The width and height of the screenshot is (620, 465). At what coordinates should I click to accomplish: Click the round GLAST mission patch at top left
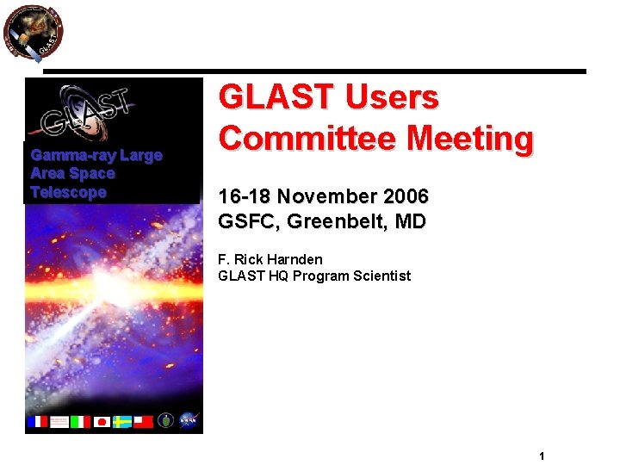[34, 34]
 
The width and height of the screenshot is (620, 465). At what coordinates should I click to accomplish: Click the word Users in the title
[392, 98]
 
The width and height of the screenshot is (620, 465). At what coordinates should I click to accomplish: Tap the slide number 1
[542, 456]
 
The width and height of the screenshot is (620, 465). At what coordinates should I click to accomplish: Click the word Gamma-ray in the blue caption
[72, 156]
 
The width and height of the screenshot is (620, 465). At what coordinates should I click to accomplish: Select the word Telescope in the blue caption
[68, 192]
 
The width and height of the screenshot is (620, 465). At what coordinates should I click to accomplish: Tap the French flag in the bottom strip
[37, 421]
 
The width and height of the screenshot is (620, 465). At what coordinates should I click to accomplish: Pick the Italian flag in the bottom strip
[80, 421]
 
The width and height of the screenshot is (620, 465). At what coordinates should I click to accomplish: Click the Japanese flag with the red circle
[102, 421]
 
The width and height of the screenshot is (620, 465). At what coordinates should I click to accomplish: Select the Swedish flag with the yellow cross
[122, 421]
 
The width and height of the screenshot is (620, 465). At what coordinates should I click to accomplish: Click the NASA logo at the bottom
[189, 420]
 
